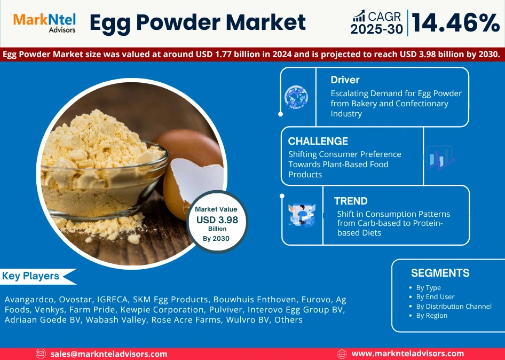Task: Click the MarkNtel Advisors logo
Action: pos(44,22)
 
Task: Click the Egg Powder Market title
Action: pos(197,22)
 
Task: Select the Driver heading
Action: pos(345,80)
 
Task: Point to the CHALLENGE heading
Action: pos(318,141)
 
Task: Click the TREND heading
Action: pos(351,201)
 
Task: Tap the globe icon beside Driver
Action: pos(296,97)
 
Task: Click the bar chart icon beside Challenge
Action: pos(439,158)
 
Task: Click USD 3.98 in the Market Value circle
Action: pos(217,220)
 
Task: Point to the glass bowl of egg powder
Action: pos(104,171)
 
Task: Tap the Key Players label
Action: pos(31,276)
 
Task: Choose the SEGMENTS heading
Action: pos(440,273)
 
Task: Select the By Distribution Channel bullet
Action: pos(454,306)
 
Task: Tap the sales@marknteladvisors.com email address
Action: pos(109,354)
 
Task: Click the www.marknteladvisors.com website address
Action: pos(408,354)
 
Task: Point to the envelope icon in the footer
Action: pos(41,354)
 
